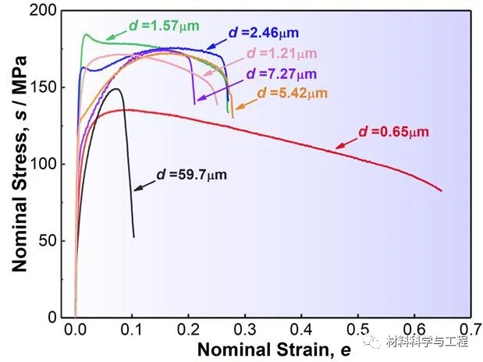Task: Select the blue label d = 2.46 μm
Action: (264, 33)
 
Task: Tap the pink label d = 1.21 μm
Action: (282, 54)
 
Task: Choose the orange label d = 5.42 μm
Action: (292, 94)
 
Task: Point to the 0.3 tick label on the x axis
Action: (245, 330)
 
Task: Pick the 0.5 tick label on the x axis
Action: (359, 330)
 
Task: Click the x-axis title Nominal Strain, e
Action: (273, 350)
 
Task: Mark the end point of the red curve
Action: (442, 190)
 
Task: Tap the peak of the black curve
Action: (117, 89)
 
